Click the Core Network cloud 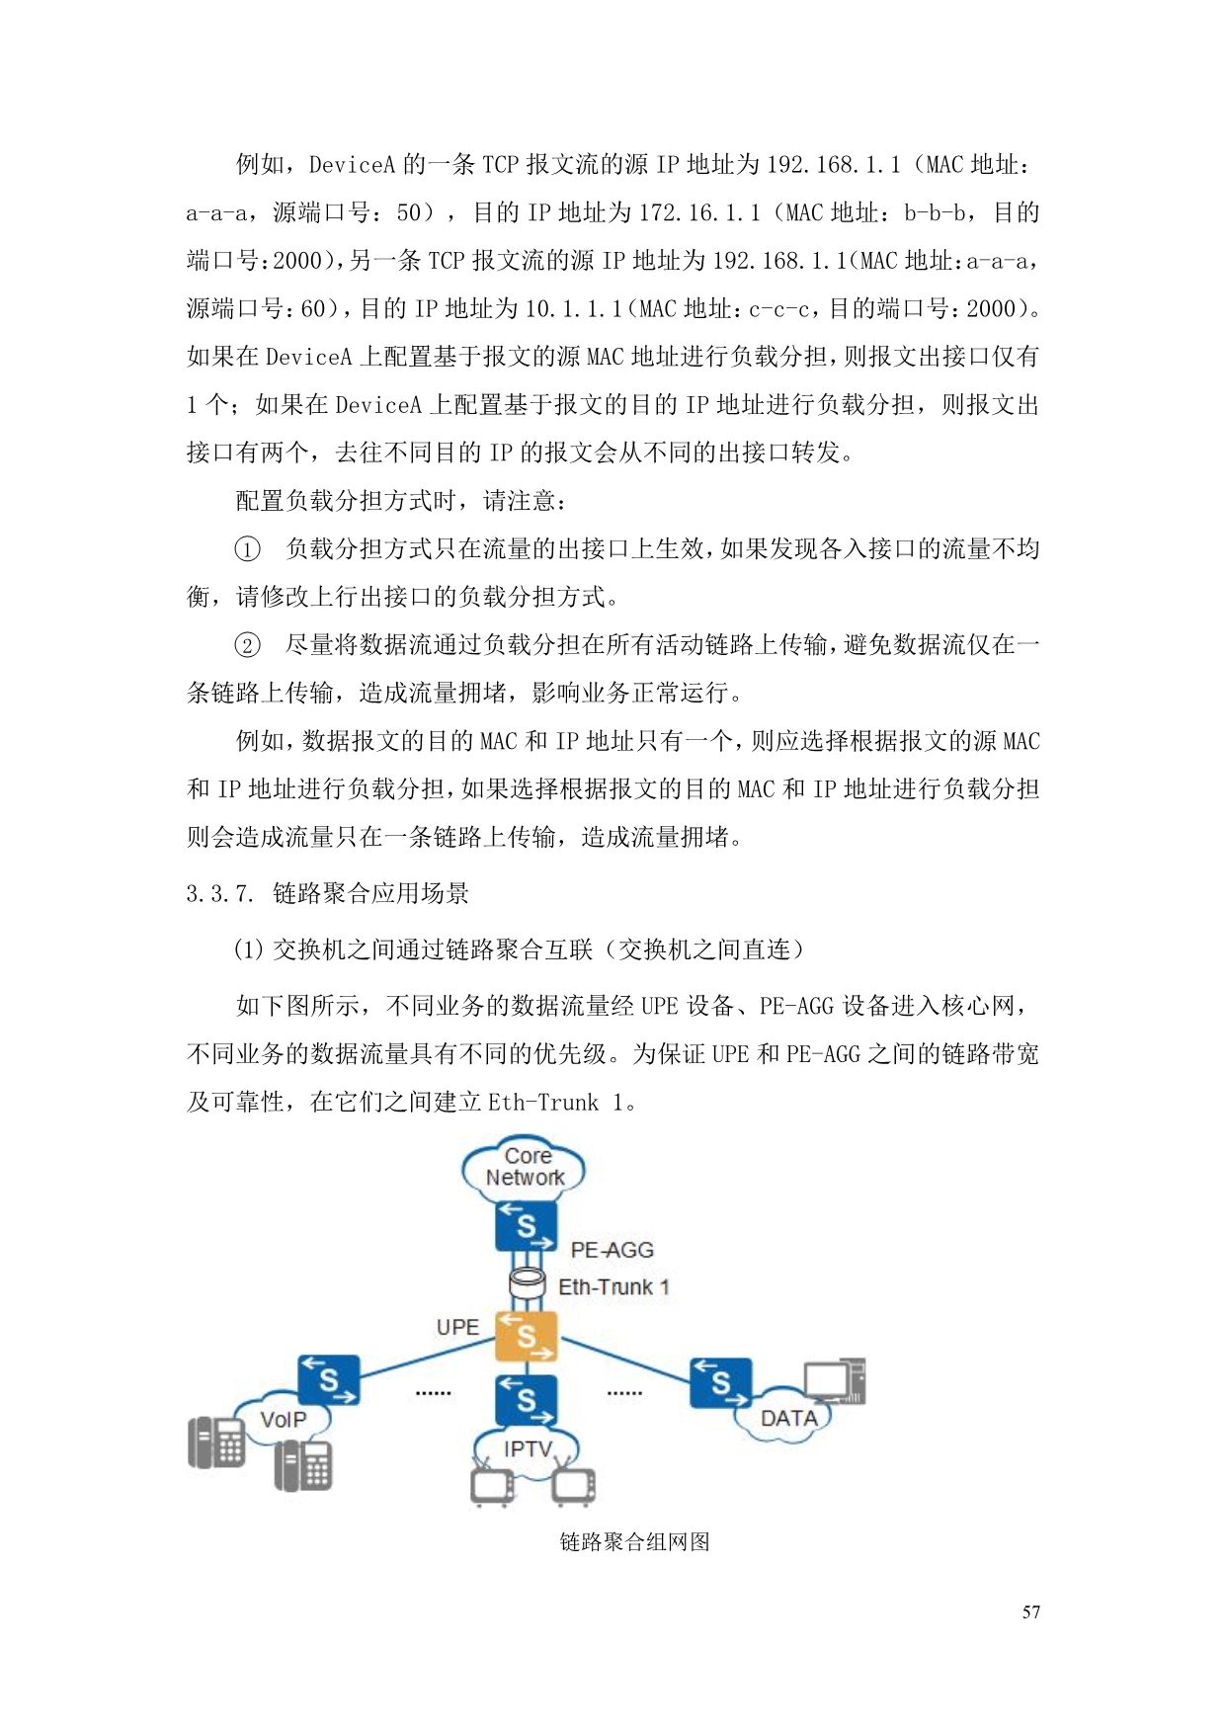524,1168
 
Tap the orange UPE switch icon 526,1337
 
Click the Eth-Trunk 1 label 613,1286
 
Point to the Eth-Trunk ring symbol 527,1284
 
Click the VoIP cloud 283,1420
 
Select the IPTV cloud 527,1448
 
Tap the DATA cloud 787,1419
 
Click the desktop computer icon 836,1381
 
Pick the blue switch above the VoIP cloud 329,1380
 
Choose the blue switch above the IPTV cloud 526,1399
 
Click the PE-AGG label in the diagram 612,1250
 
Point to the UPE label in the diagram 457,1327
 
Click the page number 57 1030,1612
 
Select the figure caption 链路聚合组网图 634,1542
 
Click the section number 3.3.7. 219,894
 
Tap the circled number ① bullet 247,549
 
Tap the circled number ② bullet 247,645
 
